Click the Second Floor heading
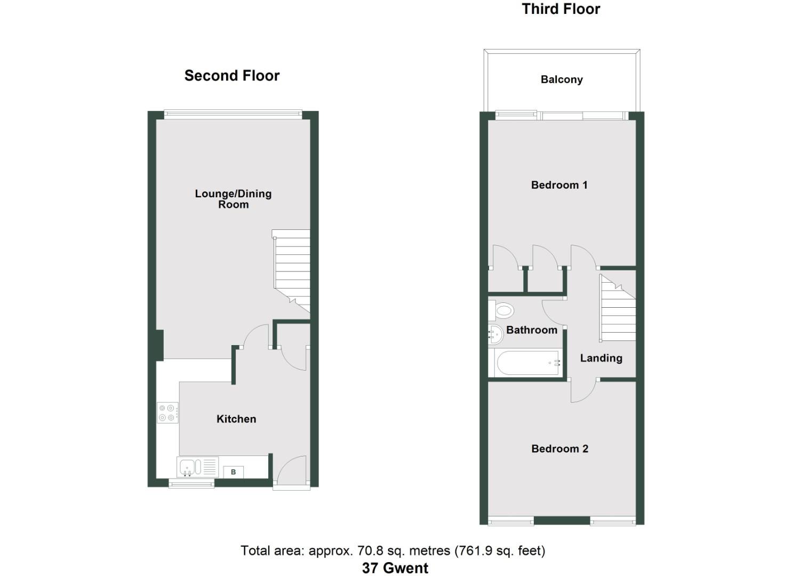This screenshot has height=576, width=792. tap(232, 76)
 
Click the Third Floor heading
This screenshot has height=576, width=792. tap(561, 9)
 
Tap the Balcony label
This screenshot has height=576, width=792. tap(562, 79)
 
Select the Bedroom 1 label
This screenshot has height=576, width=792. tap(559, 185)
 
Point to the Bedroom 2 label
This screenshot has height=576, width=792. tap(559, 449)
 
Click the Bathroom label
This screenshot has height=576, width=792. tap(531, 330)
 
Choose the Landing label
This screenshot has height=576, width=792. tap(601, 358)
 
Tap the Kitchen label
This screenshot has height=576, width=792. tap(236, 419)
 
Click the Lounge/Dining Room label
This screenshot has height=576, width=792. tap(233, 199)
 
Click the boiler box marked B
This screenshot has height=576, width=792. tap(233, 472)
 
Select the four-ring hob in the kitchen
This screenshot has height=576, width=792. tap(167, 412)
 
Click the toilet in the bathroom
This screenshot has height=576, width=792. tap(502, 310)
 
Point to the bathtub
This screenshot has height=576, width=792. tap(527, 363)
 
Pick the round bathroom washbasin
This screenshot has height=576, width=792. tap(495, 334)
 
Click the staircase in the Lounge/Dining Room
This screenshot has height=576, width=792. tap(292, 269)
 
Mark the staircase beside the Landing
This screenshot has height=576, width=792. tap(618, 309)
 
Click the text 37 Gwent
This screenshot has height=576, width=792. tap(395, 568)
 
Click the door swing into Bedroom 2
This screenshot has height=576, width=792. tap(583, 391)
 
